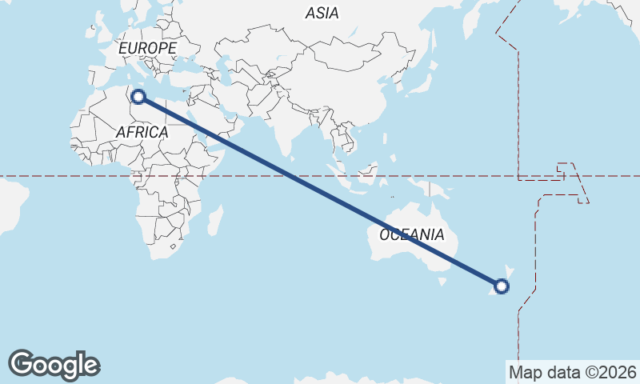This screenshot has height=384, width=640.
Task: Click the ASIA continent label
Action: tap(322, 13)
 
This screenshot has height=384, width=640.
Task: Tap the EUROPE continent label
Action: tap(146, 48)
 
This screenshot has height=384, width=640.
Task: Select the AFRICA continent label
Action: tap(142, 131)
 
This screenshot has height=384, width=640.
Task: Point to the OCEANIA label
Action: tap(411, 234)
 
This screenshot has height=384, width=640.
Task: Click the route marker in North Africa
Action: tap(138, 97)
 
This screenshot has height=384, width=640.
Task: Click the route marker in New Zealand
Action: tap(502, 286)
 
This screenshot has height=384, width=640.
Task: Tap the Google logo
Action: tap(54, 364)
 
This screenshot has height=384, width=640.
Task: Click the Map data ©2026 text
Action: tap(572, 372)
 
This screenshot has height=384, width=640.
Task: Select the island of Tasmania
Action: tap(441, 281)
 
